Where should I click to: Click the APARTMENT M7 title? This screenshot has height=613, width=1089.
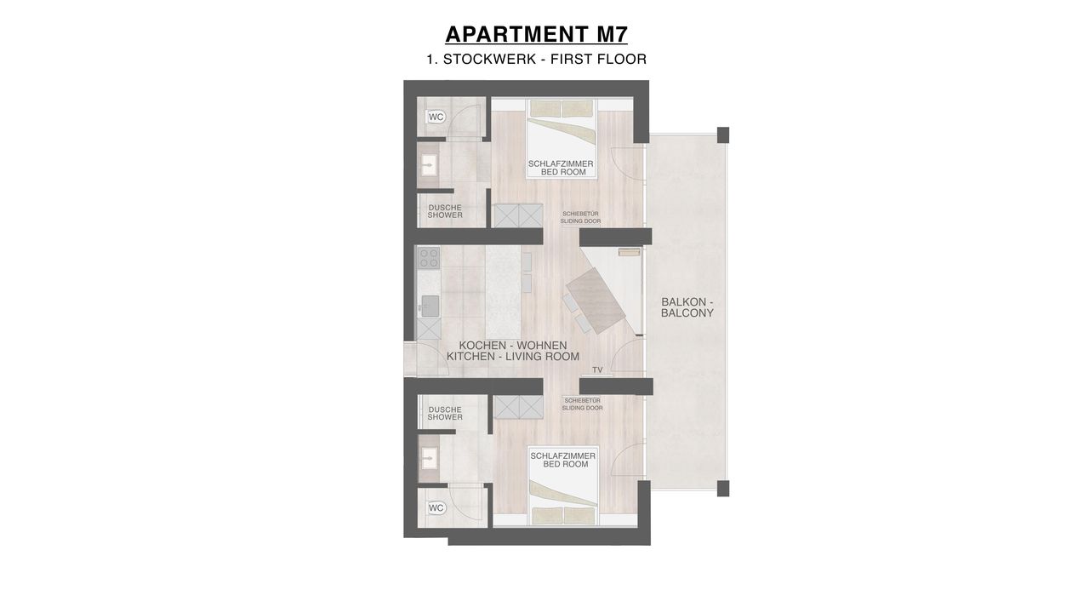click(536, 35)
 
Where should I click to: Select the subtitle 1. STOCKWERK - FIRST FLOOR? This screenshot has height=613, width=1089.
click(536, 60)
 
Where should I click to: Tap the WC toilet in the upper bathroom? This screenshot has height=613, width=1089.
click(436, 117)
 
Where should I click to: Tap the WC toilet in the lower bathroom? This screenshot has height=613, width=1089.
click(436, 508)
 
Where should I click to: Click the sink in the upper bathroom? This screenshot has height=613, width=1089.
click(88, 165)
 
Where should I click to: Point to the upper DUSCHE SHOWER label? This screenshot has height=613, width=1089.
click(445, 211)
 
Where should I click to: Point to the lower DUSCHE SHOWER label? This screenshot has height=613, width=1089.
click(445, 414)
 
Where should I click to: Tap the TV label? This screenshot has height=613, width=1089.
click(597, 370)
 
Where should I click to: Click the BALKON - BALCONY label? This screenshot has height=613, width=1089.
click(687, 307)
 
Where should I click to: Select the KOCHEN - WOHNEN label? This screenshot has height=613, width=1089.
click(513, 346)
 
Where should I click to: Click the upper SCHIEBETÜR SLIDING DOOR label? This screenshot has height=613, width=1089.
click(580, 217)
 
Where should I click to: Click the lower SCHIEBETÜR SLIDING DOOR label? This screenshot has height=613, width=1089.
click(583, 404)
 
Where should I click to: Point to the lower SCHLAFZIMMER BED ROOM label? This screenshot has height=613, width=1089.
click(563, 460)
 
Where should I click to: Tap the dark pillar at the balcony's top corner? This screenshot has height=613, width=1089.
click(723, 135)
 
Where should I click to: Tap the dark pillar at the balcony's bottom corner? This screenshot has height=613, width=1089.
click(723, 489)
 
